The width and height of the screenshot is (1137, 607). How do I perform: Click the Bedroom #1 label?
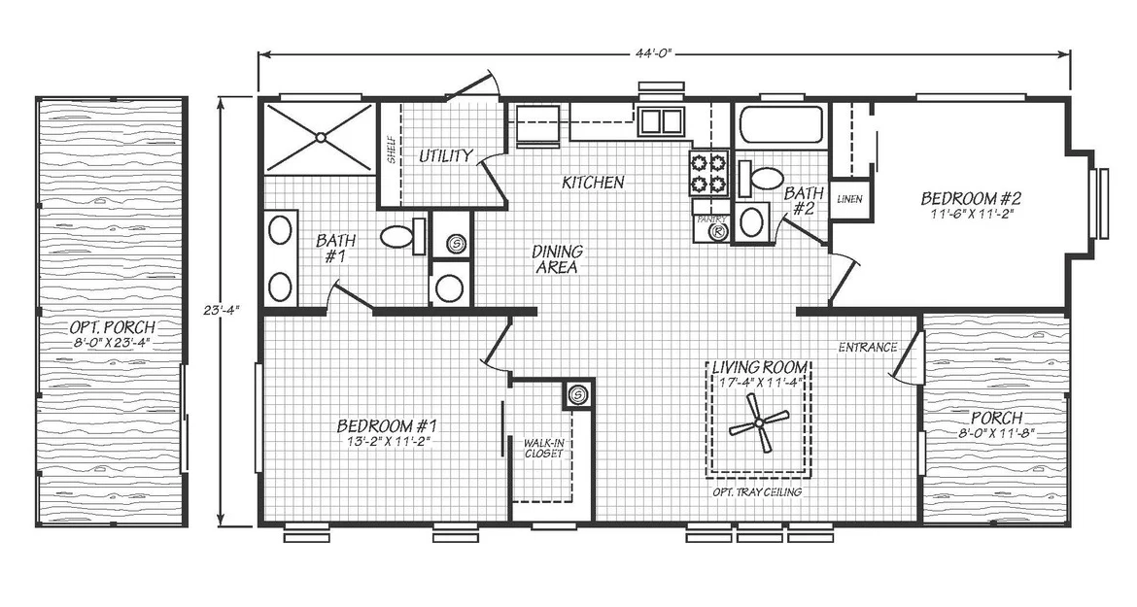387,425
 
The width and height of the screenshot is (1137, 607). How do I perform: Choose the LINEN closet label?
849,198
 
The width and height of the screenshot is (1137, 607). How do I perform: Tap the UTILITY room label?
446,155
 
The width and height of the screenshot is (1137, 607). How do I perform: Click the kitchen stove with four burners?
707,173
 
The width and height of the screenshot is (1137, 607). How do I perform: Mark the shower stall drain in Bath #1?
320,136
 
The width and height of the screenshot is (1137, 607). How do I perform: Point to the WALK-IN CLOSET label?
544,447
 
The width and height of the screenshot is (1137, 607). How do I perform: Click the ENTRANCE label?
868,347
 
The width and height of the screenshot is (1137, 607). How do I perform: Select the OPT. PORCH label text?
114,328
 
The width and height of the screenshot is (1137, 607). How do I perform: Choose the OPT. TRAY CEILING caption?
757,491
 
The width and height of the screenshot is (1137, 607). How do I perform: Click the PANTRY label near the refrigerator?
710,219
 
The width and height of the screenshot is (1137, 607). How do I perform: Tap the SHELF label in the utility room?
391,150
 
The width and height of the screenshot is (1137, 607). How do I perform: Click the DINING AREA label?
557,259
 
